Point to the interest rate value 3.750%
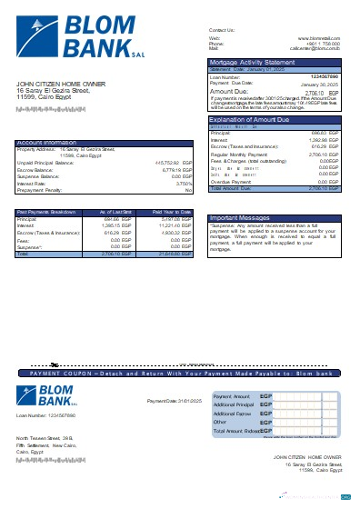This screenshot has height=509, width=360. (x=182, y=182)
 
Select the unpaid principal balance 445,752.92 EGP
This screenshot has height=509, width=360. (x=169, y=162)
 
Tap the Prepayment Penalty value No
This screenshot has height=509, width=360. (x=188, y=189)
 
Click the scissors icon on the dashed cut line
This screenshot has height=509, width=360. (x=54, y=364)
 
